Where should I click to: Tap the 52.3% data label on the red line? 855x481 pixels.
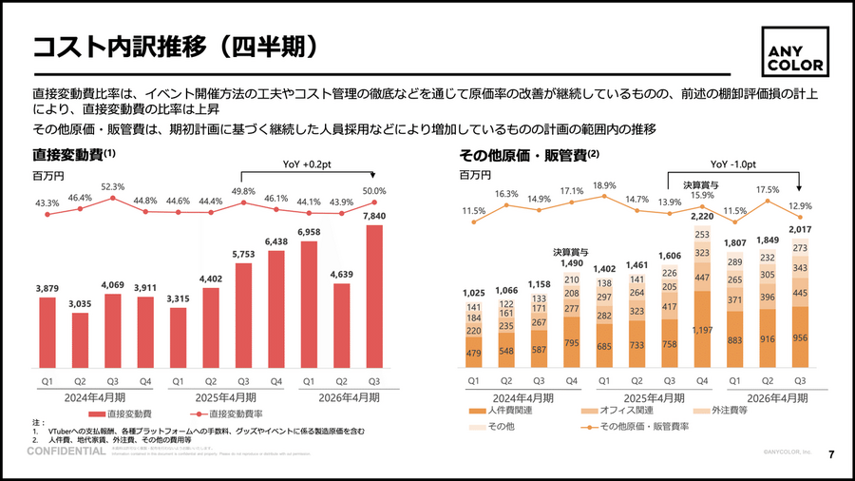pyautogui.click(x=112, y=186)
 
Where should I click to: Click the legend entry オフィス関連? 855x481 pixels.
pyautogui.click(x=617, y=410)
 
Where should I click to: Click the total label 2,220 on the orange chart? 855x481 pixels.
pyautogui.click(x=701, y=216)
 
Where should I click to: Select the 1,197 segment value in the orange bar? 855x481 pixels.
pyautogui.click(x=701, y=329)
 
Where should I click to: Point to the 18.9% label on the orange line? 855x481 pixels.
pyautogui.click(x=604, y=185)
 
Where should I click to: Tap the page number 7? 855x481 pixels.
pyautogui.click(x=831, y=453)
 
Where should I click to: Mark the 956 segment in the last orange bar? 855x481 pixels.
pyautogui.click(x=800, y=337)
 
